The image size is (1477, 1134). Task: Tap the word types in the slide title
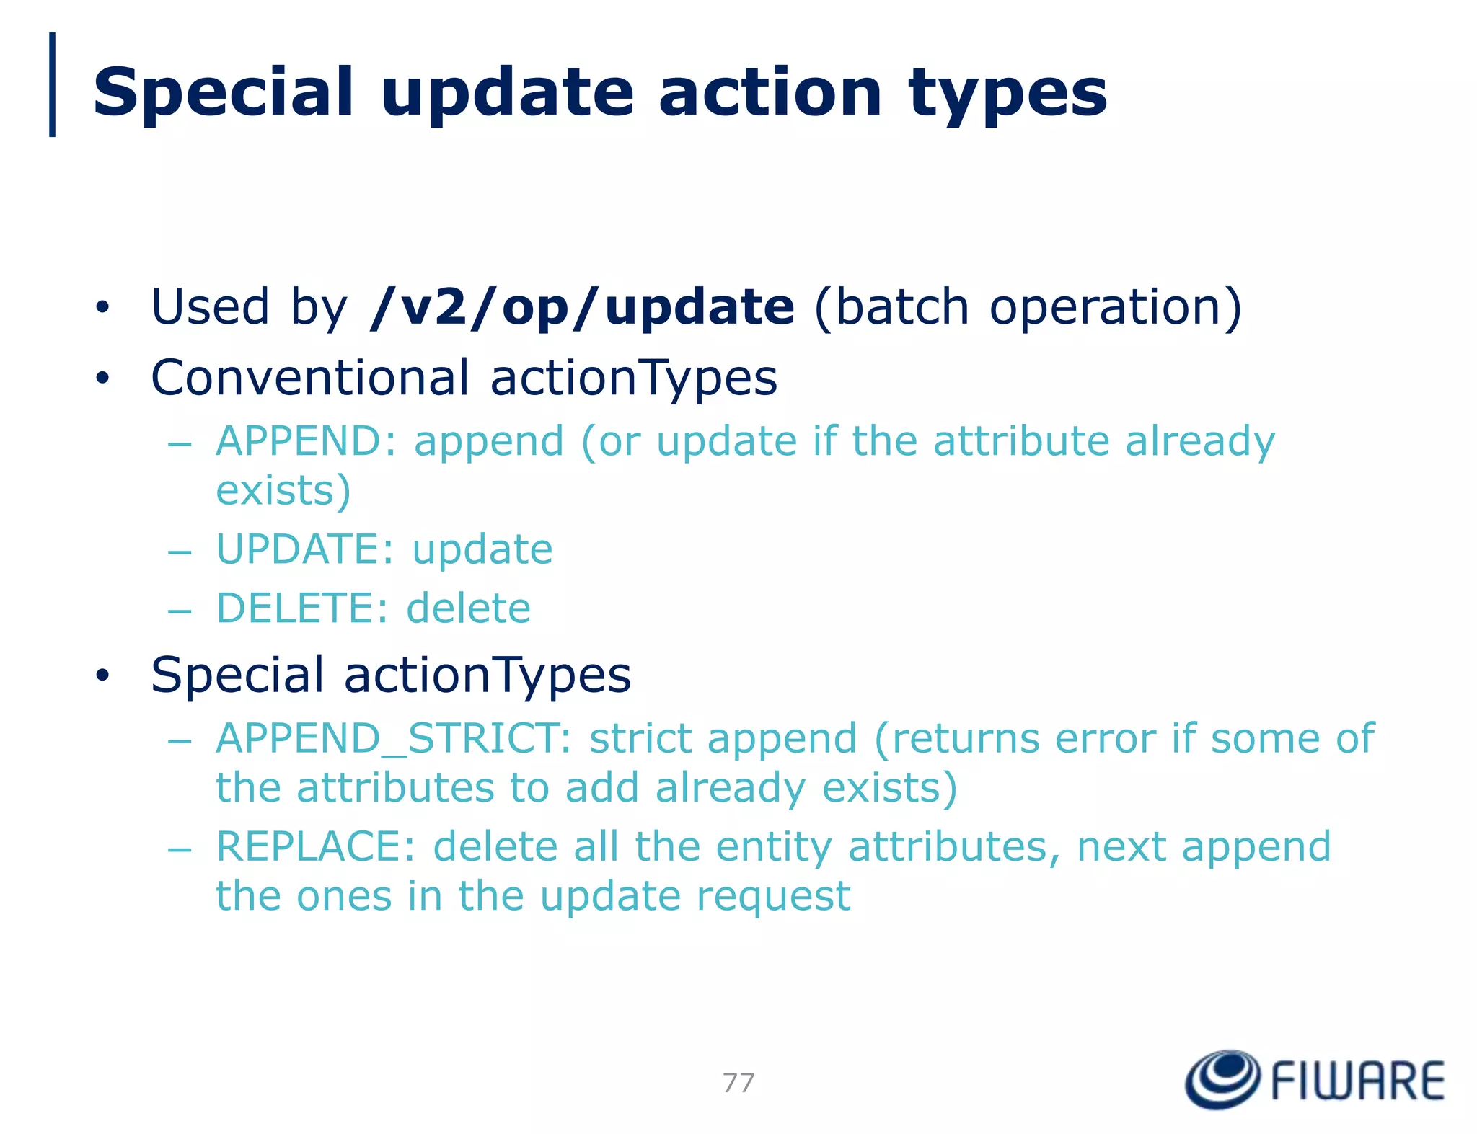tap(1008, 94)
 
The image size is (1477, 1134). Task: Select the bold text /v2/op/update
tap(581, 308)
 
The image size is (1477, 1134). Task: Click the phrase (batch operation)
tap(1028, 308)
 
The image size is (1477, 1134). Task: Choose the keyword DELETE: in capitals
tap(303, 608)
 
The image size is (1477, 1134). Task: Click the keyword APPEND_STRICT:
tap(394, 738)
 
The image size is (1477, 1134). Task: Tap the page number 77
tap(738, 1082)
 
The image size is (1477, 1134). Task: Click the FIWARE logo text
tap(1357, 1081)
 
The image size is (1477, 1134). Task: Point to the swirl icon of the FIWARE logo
tap(1223, 1079)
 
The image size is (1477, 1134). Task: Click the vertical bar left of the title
tap(52, 84)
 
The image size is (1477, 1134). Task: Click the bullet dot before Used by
tap(102, 308)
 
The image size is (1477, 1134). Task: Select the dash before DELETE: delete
tap(179, 611)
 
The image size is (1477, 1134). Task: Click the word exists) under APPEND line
tap(283, 491)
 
